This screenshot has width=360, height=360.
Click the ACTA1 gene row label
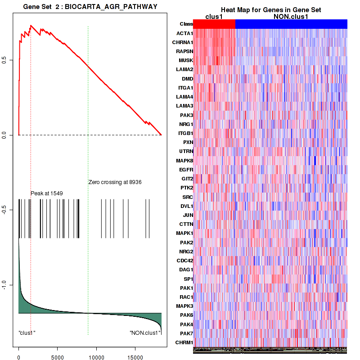(x=185, y=33)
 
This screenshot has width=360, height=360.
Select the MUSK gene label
(x=186, y=60)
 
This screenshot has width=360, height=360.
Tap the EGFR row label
(x=186, y=170)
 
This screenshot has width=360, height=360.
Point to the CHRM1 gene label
(x=184, y=342)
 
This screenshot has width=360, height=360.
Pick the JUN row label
(x=187, y=215)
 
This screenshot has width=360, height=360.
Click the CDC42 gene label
(x=184, y=261)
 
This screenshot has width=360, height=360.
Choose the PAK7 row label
(x=186, y=333)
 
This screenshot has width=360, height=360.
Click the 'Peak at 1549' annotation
(x=46, y=193)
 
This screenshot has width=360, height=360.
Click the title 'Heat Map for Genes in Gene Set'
(x=270, y=10)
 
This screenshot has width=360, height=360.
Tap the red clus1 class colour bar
(x=214, y=24)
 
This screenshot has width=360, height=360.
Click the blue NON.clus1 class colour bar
(x=291, y=24)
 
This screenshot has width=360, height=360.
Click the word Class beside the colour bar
(x=186, y=24)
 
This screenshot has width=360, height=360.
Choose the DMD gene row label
(x=187, y=79)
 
